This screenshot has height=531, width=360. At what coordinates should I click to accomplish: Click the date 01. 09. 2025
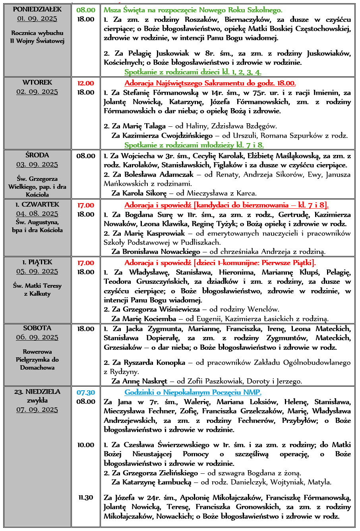pyautogui.click(x=37, y=19)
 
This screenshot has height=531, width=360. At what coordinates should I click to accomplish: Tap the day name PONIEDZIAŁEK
pyautogui.click(x=37, y=9)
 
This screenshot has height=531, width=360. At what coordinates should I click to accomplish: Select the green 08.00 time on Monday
pyautogui.click(x=86, y=10)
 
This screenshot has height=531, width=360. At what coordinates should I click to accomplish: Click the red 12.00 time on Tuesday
pyautogui.click(x=86, y=83)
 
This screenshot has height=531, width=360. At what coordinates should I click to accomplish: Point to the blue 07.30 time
pyautogui.click(x=86, y=392)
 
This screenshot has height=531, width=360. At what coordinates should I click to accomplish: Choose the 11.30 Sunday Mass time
pyautogui.click(x=86, y=497)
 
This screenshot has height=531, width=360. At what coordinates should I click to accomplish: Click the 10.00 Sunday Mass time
pyautogui.click(x=86, y=445)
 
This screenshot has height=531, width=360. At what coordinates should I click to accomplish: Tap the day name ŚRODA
pyautogui.click(x=37, y=155)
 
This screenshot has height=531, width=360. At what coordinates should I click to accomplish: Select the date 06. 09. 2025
pyautogui.click(x=37, y=337)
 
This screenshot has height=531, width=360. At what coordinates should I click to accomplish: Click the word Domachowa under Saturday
pyautogui.click(x=37, y=368)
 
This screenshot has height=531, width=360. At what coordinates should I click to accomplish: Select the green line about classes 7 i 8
pyautogui.click(x=194, y=145)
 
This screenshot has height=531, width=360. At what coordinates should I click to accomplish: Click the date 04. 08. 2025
pyautogui.click(x=37, y=214)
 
